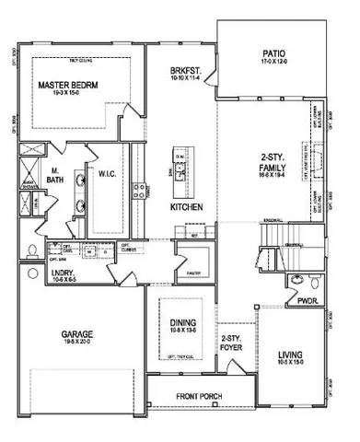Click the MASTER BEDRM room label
pyautogui.click(x=69, y=85)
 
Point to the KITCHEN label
pyautogui.click(x=187, y=207)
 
